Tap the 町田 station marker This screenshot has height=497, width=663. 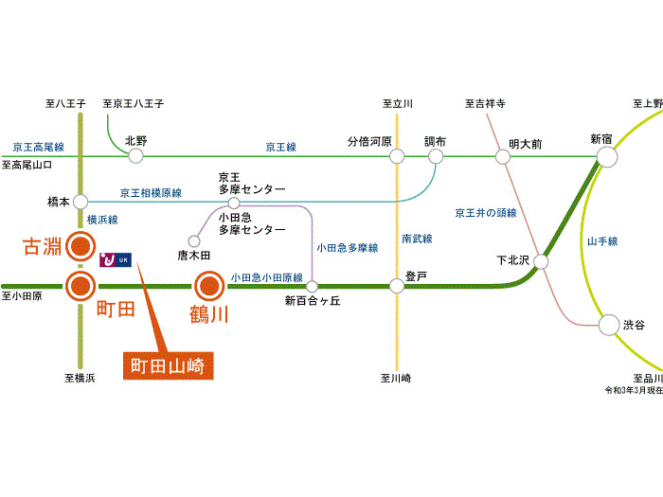tap(81, 285)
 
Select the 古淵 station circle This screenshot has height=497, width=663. tap(81, 248)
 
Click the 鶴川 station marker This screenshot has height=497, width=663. tap(207, 285)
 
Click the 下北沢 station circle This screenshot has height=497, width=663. tap(540, 260)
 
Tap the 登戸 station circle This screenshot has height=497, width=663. tap(398, 285)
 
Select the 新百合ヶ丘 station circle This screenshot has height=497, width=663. tap(312, 285)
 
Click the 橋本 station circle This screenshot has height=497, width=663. tap(81, 202)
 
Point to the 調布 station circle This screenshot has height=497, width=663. tap(435, 156)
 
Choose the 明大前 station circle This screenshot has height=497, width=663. tap(502, 156)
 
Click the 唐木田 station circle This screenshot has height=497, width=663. tap(195, 240)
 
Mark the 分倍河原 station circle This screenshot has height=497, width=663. tap(396, 156)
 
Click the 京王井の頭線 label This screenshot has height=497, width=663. tap(486, 213)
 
